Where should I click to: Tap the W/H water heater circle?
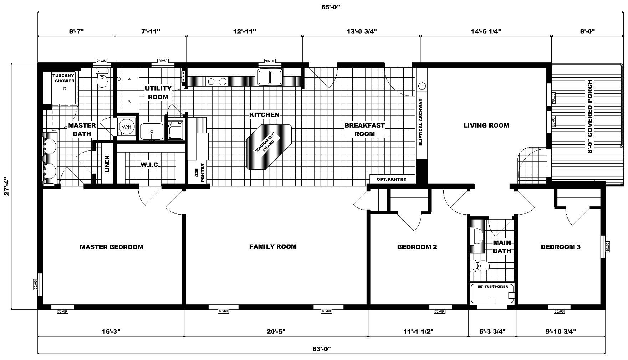(x=126, y=127)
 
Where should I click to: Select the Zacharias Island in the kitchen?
(x=269, y=147)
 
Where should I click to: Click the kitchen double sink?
(x=270, y=77)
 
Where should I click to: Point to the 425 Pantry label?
(x=199, y=173)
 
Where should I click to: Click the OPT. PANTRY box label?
(x=391, y=179)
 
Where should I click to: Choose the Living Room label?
(x=486, y=125)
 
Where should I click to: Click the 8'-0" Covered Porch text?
(x=590, y=117)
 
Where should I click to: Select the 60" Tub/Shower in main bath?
(x=492, y=294)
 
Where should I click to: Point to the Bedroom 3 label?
(x=561, y=247)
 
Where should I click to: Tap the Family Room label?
(x=273, y=247)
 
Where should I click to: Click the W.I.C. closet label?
(x=150, y=165)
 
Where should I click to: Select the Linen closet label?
(x=107, y=164)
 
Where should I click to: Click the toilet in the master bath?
(x=102, y=81)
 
